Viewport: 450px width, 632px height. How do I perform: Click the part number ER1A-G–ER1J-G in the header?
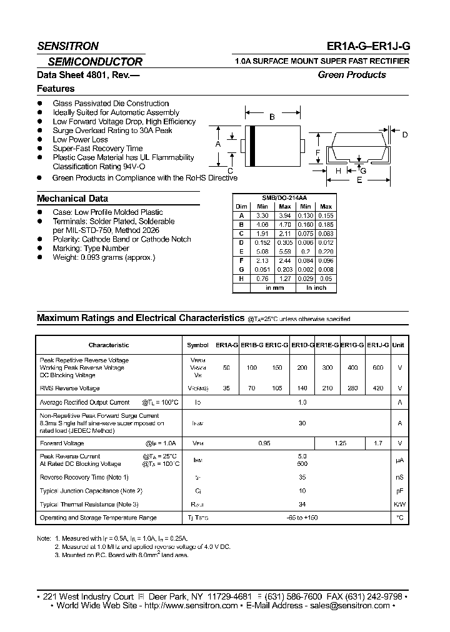368,46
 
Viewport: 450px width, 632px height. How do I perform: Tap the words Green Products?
352,75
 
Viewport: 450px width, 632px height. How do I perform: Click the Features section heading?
56,89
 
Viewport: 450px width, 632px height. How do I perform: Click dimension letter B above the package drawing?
272,117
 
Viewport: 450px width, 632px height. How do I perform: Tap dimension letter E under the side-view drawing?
359,180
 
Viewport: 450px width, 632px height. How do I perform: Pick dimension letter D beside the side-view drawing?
404,135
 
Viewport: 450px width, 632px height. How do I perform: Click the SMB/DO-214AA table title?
284,197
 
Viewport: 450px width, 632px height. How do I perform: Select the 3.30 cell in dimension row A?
262,215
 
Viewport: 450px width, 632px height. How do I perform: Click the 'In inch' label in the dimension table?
316,288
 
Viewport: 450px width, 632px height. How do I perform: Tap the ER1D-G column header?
302,345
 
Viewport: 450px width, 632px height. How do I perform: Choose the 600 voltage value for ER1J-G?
377,368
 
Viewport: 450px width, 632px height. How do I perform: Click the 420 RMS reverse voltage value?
377,388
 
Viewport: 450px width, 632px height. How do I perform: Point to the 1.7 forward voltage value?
377,443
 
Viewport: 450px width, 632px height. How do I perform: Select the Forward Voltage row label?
62,443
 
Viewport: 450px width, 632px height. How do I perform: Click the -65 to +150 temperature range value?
302,518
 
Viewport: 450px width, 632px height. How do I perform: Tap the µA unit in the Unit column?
399,460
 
